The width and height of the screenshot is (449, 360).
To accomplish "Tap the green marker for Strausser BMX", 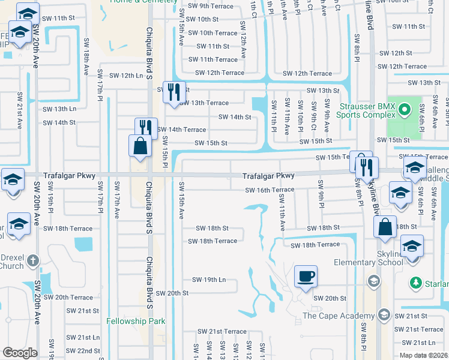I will pos(404,110).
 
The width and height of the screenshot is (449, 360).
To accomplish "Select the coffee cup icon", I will pos(306,277).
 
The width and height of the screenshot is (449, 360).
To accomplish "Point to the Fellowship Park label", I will pos(136,322).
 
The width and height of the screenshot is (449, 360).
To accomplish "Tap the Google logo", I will pos(20,352).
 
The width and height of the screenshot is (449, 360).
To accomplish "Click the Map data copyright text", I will pos(424,355).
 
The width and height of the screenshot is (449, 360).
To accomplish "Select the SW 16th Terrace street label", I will pos(270,190).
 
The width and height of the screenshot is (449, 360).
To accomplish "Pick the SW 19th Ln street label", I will pos(208,280).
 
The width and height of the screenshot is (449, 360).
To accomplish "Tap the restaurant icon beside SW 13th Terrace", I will pos(174,92).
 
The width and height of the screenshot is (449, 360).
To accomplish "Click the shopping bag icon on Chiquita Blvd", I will pos(140,145).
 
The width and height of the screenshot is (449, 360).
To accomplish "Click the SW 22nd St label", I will pos(83,351).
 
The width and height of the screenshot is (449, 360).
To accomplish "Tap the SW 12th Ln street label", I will pos(126,76).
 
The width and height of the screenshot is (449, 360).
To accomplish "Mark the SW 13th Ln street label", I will pos(59,109).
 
